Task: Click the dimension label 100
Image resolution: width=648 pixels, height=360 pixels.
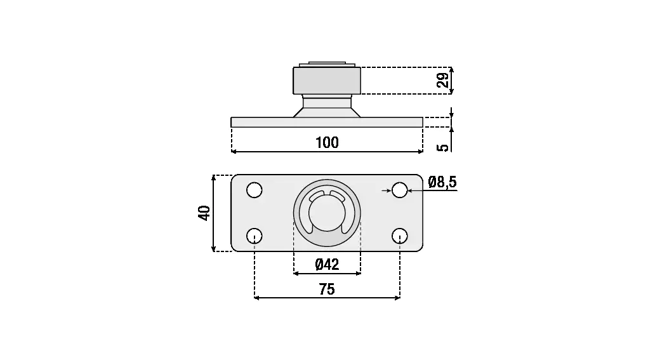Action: (x=327, y=142)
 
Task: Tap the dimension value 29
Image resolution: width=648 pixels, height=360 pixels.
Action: (x=442, y=80)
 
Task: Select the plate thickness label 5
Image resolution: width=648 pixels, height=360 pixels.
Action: (x=442, y=147)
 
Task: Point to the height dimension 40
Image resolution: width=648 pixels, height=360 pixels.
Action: (x=204, y=213)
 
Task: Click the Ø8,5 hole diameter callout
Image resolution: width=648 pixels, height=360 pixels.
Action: (x=442, y=182)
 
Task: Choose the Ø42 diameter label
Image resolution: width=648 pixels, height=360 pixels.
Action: (x=327, y=264)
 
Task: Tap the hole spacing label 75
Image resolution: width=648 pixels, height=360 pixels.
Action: (x=327, y=290)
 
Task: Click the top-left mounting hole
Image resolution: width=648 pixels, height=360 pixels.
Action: (x=254, y=190)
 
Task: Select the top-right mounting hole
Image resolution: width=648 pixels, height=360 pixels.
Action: (x=400, y=190)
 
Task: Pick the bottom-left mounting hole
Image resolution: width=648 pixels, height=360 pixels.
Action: (x=254, y=236)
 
